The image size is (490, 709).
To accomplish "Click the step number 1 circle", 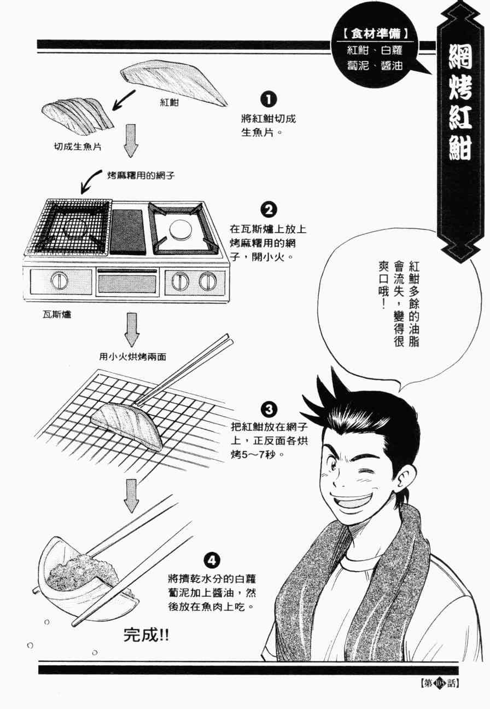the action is [268, 100].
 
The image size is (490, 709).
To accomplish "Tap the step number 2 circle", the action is [269, 210].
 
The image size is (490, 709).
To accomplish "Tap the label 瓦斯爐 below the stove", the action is [57, 314].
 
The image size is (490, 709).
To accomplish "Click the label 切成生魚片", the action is [78, 147].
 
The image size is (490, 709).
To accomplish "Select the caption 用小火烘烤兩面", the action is [132, 357].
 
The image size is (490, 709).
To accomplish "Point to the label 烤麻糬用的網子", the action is [141, 175].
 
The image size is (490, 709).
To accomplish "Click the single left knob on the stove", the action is [60, 280].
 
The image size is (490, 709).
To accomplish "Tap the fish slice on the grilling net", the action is [127, 424].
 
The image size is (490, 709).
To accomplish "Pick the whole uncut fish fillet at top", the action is [173, 84].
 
